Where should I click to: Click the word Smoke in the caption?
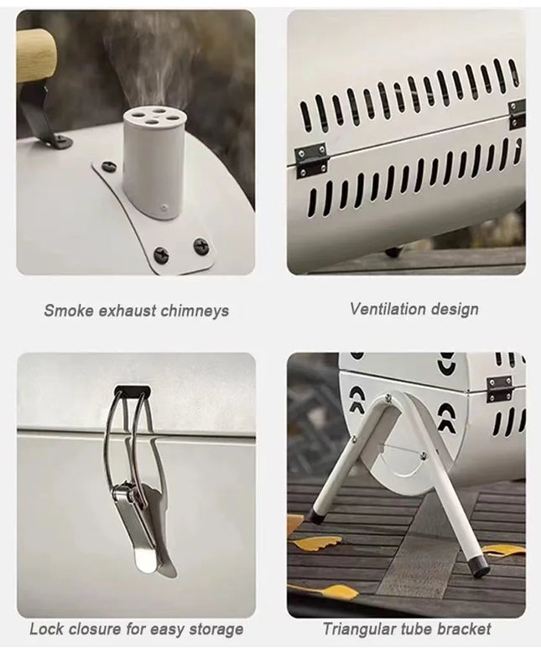coord(65,311)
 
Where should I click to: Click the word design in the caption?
coord(454,309)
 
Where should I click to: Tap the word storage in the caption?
coord(214,629)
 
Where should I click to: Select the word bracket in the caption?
coord(464,628)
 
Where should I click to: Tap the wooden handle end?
coord(35,55)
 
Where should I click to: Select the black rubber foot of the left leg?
coord(317,518)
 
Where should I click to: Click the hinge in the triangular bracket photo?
coord(500,388)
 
